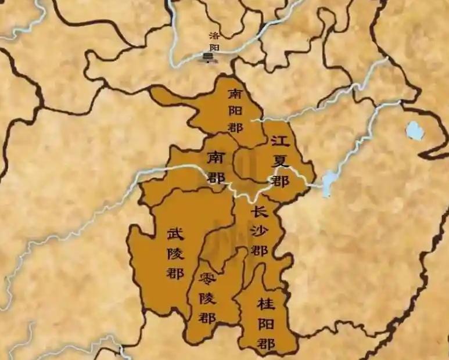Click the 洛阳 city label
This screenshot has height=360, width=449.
tap(214, 42)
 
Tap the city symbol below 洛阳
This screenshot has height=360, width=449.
tap(207, 57)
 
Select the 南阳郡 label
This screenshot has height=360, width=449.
tap(235, 110)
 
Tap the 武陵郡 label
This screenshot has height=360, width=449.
tap(175, 253)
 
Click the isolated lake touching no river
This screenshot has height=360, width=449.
tap(414, 131)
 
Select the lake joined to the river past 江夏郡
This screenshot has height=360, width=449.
tap(329, 181)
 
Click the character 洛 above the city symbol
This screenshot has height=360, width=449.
tap(214, 35)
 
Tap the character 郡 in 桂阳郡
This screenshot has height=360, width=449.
tap(267, 343)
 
